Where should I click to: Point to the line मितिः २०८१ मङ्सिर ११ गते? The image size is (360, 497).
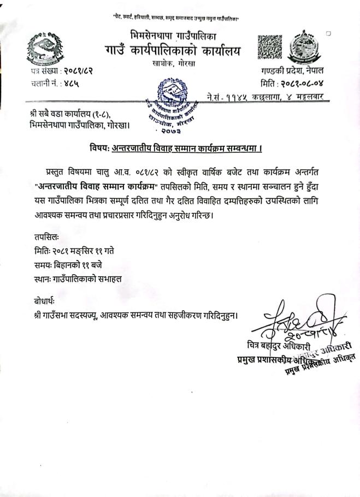pyautogui.click(x=74, y=251)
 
